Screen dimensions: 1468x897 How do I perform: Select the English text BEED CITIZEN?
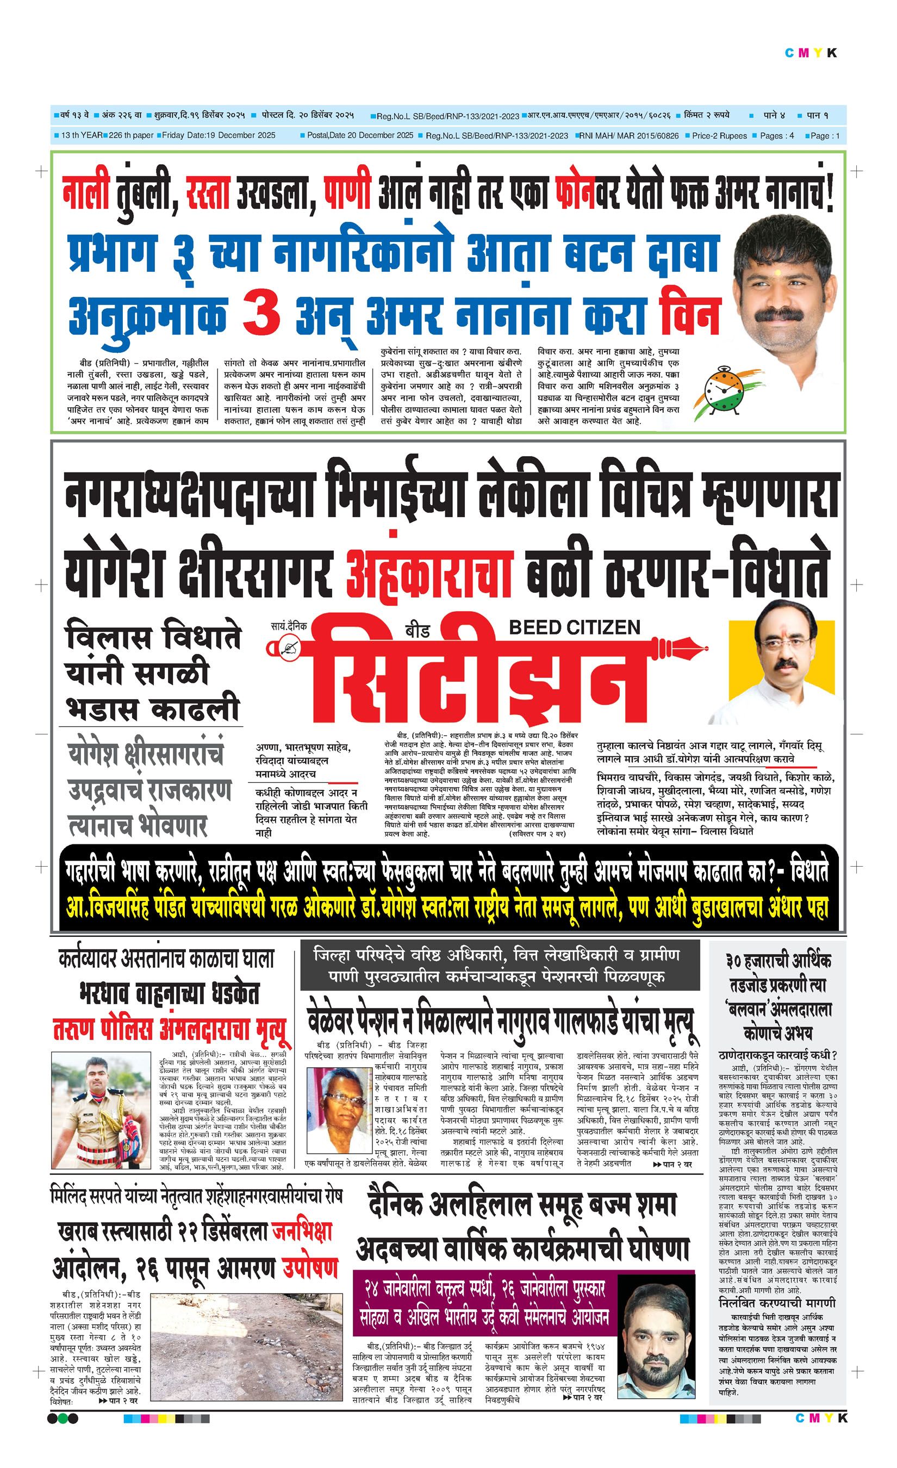574,627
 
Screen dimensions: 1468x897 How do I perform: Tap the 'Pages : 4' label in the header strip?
777,136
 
